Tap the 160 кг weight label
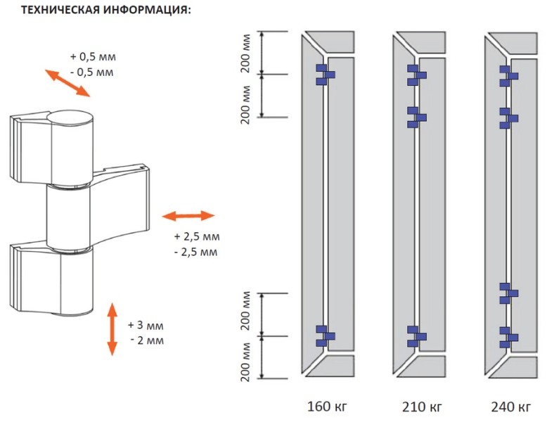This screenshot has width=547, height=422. point(326,407)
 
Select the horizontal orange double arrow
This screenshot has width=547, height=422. point(188,215)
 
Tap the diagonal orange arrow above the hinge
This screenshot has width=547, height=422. point(67,82)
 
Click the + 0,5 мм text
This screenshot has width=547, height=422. point(91,56)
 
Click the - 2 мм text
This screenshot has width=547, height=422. point(147,341)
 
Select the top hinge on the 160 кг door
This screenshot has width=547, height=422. point(324,75)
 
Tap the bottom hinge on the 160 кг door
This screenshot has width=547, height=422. point(324,336)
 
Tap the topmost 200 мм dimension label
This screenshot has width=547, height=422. point(246,53)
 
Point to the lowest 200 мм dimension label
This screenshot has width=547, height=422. point(246,358)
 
